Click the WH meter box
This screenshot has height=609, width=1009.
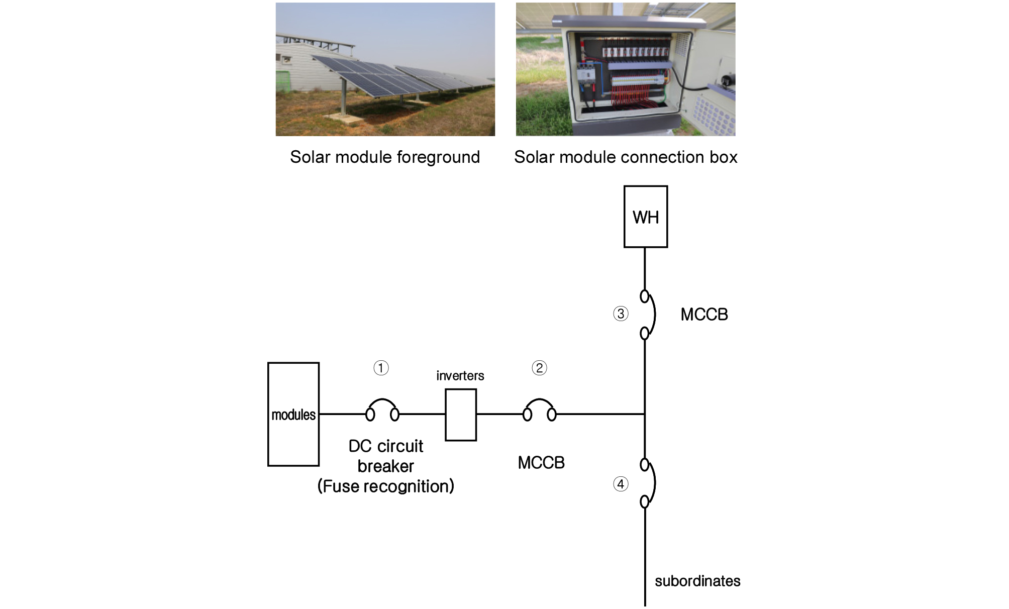pyautogui.click(x=645, y=217)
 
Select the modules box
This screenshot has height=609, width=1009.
pyautogui.click(x=293, y=414)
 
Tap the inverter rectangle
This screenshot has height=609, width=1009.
pyautogui.click(x=461, y=415)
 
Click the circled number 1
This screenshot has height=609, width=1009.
pyautogui.click(x=381, y=368)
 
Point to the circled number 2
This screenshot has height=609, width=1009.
pyautogui.click(x=539, y=368)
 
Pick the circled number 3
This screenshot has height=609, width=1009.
pyautogui.click(x=621, y=314)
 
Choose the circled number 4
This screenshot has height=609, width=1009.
pyautogui.click(x=621, y=484)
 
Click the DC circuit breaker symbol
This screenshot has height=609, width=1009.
pyautogui.click(x=382, y=410)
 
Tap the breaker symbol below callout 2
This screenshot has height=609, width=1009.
pyautogui.click(x=539, y=410)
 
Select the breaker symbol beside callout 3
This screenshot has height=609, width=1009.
pyautogui.click(x=648, y=315)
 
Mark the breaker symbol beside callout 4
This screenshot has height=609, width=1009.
pyautogui.click(x=648, y=483)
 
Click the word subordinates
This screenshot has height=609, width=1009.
pyautogui.click(x=697, y=581)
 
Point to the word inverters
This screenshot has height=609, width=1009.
pyautogui.click(x=460, y=376)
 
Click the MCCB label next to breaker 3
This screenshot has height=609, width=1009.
pyautogui.click(x=704, y=315)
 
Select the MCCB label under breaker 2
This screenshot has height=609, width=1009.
pyautogui.click(x=541, y=463)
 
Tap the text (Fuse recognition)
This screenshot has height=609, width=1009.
pyautogui.click(x=385, y=486)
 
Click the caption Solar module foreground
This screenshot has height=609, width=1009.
pyautogui.click(x=385, y=157)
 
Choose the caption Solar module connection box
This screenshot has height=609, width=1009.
pyautogui.click(x=626, y=157)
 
